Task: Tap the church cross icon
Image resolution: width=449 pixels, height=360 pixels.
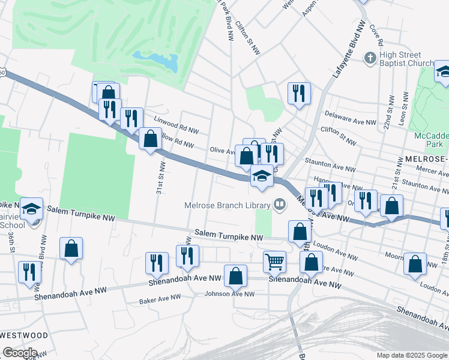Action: click(x=370, y=58)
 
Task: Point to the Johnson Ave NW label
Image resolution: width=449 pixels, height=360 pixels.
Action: click(x=230, y=294)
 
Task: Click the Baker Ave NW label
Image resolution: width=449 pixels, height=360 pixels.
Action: click(x=160, y=298)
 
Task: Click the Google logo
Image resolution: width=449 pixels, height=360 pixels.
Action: click(x=19, y=353)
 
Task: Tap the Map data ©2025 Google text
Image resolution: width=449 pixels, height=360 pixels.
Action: click(x=411, y=355)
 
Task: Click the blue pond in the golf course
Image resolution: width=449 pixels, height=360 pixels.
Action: click(x=155, y=60)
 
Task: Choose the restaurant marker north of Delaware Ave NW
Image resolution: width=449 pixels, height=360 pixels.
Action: click(x=298, y=93)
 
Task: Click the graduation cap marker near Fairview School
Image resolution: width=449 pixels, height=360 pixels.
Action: click(x=32, y=209)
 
